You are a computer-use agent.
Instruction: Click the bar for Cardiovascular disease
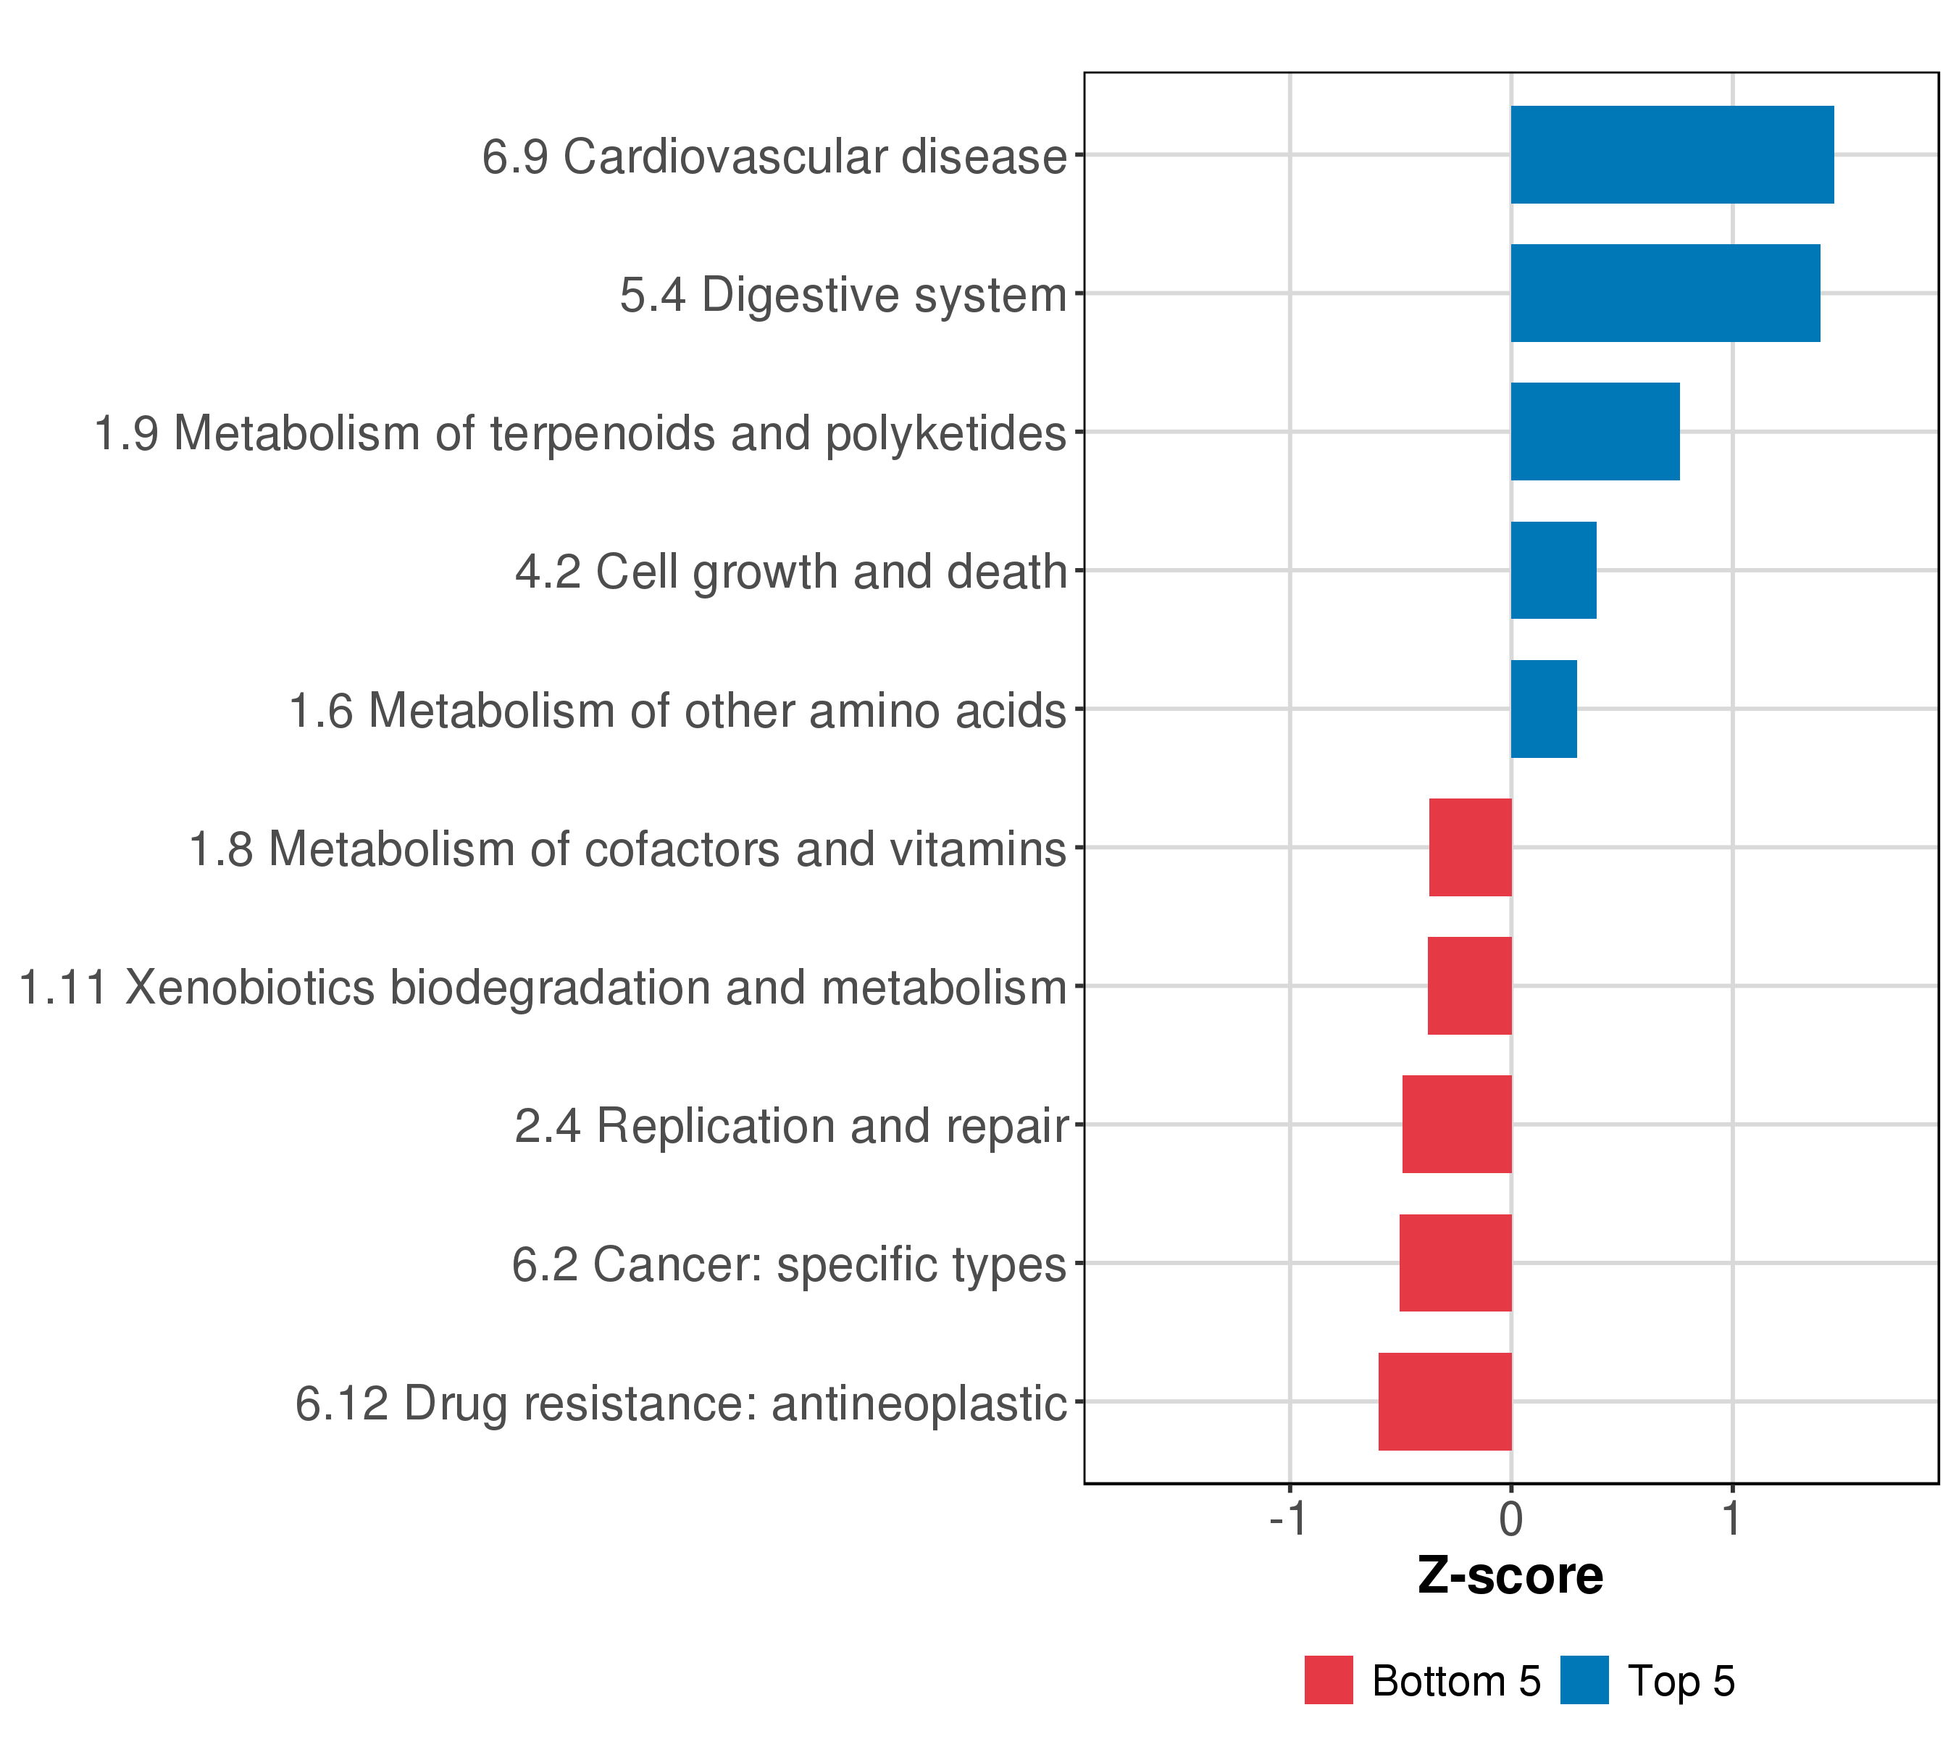[1672, 155]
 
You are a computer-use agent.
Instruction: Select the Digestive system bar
[1665, 293]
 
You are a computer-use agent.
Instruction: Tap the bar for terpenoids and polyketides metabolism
[1595, 432]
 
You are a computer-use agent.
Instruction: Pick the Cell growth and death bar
[1553, 570]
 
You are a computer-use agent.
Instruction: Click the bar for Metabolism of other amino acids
[1544, 709]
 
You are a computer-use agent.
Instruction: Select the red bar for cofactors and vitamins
[1471, 847]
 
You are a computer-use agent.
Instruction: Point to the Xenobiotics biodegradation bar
[1470, 985]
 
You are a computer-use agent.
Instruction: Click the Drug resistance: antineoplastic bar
[1445, 1401]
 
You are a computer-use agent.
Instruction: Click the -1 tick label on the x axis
[1288, 1519]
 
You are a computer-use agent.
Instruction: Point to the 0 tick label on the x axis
[1511, 1519]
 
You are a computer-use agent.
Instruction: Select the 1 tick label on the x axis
[1732, 1519]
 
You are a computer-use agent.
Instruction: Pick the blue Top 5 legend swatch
[1584, 1680]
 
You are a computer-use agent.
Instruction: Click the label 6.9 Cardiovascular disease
[774, 156]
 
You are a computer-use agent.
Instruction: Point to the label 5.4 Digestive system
[843, 296]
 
